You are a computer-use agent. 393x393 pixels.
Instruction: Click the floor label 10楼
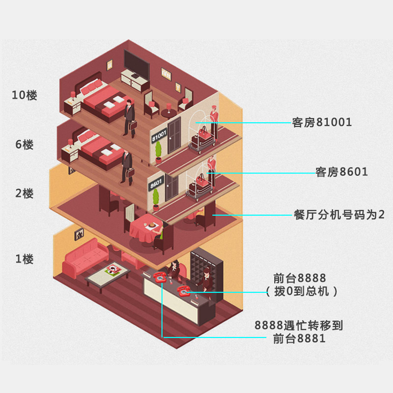25,95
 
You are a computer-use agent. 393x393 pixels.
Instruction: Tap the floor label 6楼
25,145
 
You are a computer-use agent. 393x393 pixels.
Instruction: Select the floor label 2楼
25,193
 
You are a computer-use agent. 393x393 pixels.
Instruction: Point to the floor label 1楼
25,259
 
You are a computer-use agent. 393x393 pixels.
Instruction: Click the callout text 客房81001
322,122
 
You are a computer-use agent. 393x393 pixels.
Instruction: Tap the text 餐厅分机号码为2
338,215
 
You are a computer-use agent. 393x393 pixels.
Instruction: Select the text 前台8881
300,338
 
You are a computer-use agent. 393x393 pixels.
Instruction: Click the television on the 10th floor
135,62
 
